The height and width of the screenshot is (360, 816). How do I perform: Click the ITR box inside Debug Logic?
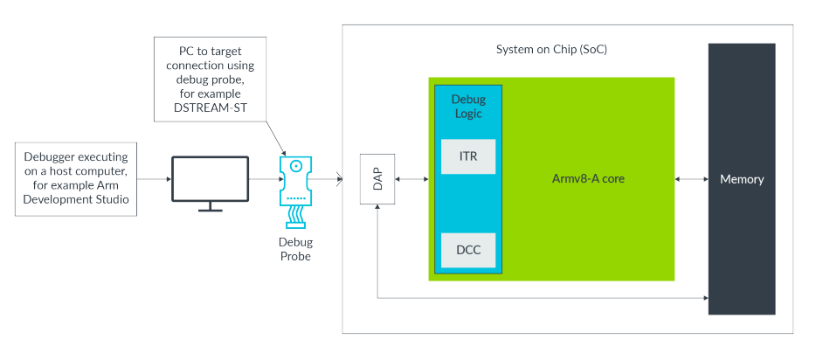coord(469,156)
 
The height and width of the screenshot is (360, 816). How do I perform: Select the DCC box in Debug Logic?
coord(469,250)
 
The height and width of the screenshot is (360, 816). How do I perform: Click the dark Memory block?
coord(741,179)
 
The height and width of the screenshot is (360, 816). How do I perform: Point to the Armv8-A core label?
coord(588,179)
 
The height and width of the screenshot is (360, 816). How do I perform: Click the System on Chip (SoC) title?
coord(551,49)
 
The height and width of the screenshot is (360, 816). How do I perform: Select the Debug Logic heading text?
coord(468,107)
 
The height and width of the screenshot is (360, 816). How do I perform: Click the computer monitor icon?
coord(210,178)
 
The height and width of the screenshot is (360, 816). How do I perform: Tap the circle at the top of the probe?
coord(297,164)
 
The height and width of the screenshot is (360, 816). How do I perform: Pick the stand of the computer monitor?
coord(210,207)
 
